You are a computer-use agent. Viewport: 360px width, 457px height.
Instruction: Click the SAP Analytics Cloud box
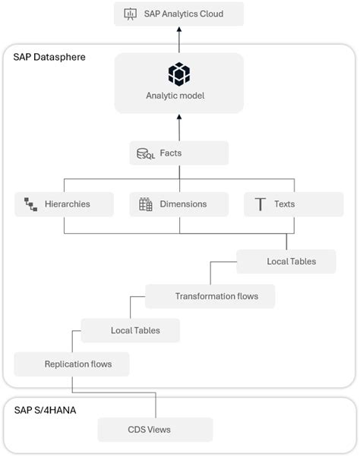coord(179,14)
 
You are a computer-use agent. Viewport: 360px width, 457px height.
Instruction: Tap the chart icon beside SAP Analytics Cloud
coord(130,14)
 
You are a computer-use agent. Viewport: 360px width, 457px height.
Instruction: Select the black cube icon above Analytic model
coord(179,74)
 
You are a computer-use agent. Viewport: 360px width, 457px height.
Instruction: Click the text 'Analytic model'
coord(179,96)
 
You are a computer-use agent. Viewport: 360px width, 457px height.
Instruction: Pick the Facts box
coord(179,153)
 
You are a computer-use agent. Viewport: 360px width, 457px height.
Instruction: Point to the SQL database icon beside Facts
coord(145,154)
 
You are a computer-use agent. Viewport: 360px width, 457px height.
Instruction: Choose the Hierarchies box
coord(64,203)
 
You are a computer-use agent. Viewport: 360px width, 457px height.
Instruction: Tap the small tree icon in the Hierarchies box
coord(31,204)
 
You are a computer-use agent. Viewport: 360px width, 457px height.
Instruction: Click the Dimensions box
coord(179,203)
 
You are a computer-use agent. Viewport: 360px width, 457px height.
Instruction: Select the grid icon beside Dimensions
coord(146,203)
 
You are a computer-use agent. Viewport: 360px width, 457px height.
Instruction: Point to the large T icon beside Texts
coord(260,203)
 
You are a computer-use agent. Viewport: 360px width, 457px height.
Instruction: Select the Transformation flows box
coord(210,296)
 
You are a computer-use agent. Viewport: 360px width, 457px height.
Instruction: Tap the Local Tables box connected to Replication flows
coord(130,330)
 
